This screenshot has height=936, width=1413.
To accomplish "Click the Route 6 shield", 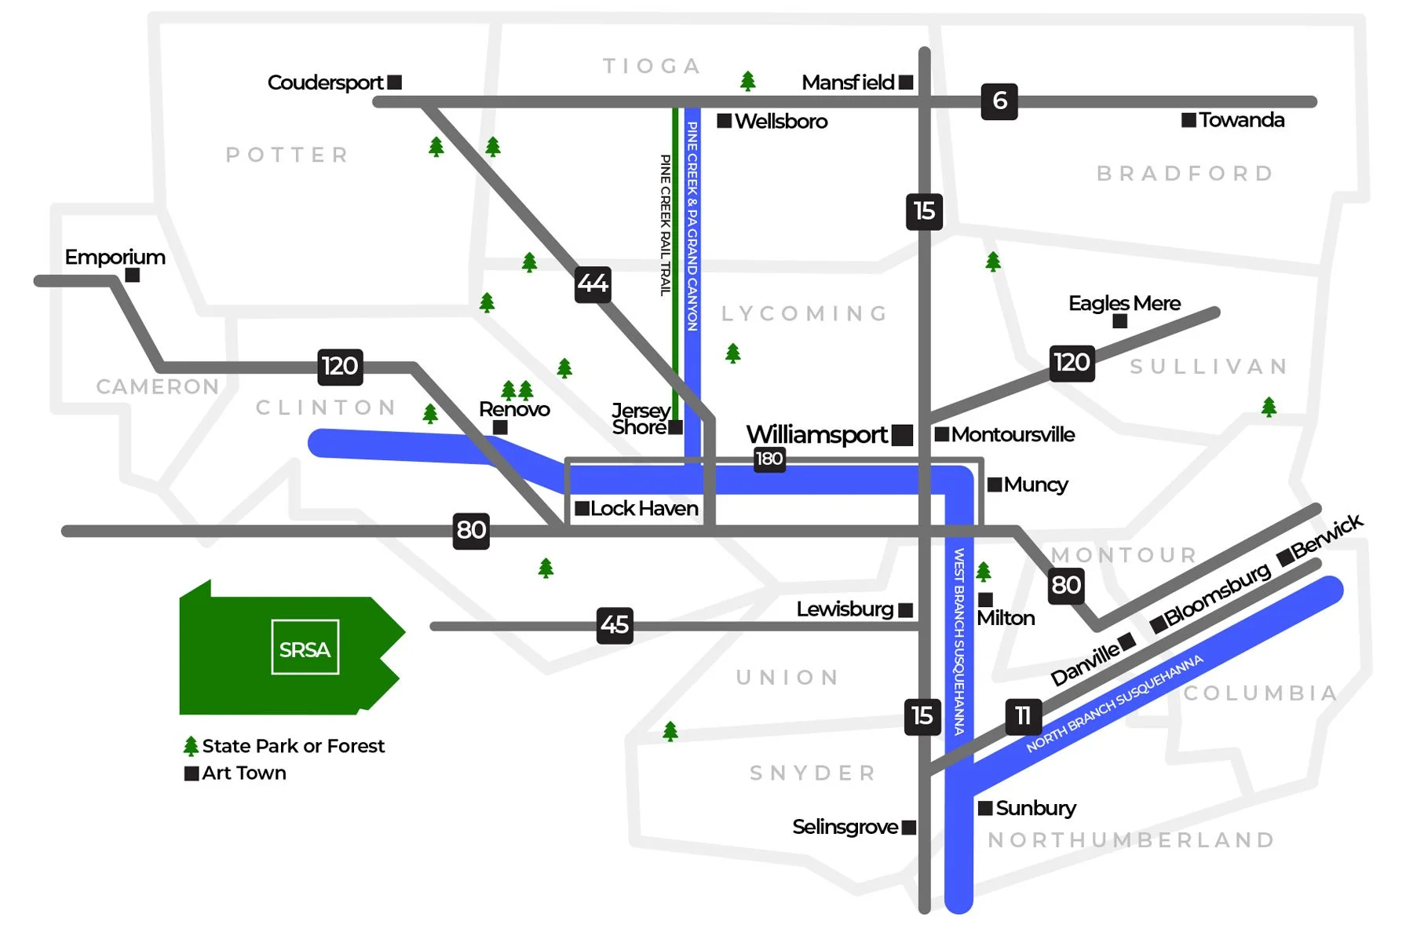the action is pyautogui.click(x=999, y=101).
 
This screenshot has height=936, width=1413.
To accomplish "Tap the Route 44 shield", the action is pyautogui.click(x=593, y=284).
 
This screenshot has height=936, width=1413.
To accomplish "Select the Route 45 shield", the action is pyautogui.click(x=615, y=625).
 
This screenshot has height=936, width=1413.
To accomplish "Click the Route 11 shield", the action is pyautogui.click(x=1023, y=716).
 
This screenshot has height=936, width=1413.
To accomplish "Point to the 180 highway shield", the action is pyautogui.click(x=769, y=459).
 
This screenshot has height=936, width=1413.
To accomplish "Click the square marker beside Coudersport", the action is pyautogui.click(x=395, y=82).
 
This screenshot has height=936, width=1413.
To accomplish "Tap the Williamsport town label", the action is pyautogui.click(x=816, y=434).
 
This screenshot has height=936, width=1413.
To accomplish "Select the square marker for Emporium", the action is pyautogui.click(x=133, y=276).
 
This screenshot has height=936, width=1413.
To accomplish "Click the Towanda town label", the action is pyautogui.click(x=1241, y=120).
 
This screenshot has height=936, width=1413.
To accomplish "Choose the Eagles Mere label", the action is pyautogui.click(x=1124, y=303).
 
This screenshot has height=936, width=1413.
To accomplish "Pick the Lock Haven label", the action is pyautogui.click(x=644, y=509).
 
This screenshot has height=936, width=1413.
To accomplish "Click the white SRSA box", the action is pyautogui.click(x=305, y=648).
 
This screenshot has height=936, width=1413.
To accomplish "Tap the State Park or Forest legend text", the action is pyautogui.click(x=293, y=746).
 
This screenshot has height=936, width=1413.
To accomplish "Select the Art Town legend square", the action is pyautogui.click(x=192, y=773).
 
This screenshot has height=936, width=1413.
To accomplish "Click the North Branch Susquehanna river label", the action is pyautogui.click(x=1114, y=704).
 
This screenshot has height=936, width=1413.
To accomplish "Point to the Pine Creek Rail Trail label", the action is pyautogui.click(x=665, y=225).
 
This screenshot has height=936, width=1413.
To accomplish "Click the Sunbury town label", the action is pyautogui.click(x=1035, y=808).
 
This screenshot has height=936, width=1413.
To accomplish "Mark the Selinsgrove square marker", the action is pyautogui.click(x=909, y=828).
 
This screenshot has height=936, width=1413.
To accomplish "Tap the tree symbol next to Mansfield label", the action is pyautogui.click(x=748, y=81).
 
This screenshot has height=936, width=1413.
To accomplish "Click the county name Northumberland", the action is pyautogui.click(x=1131, y=840).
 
